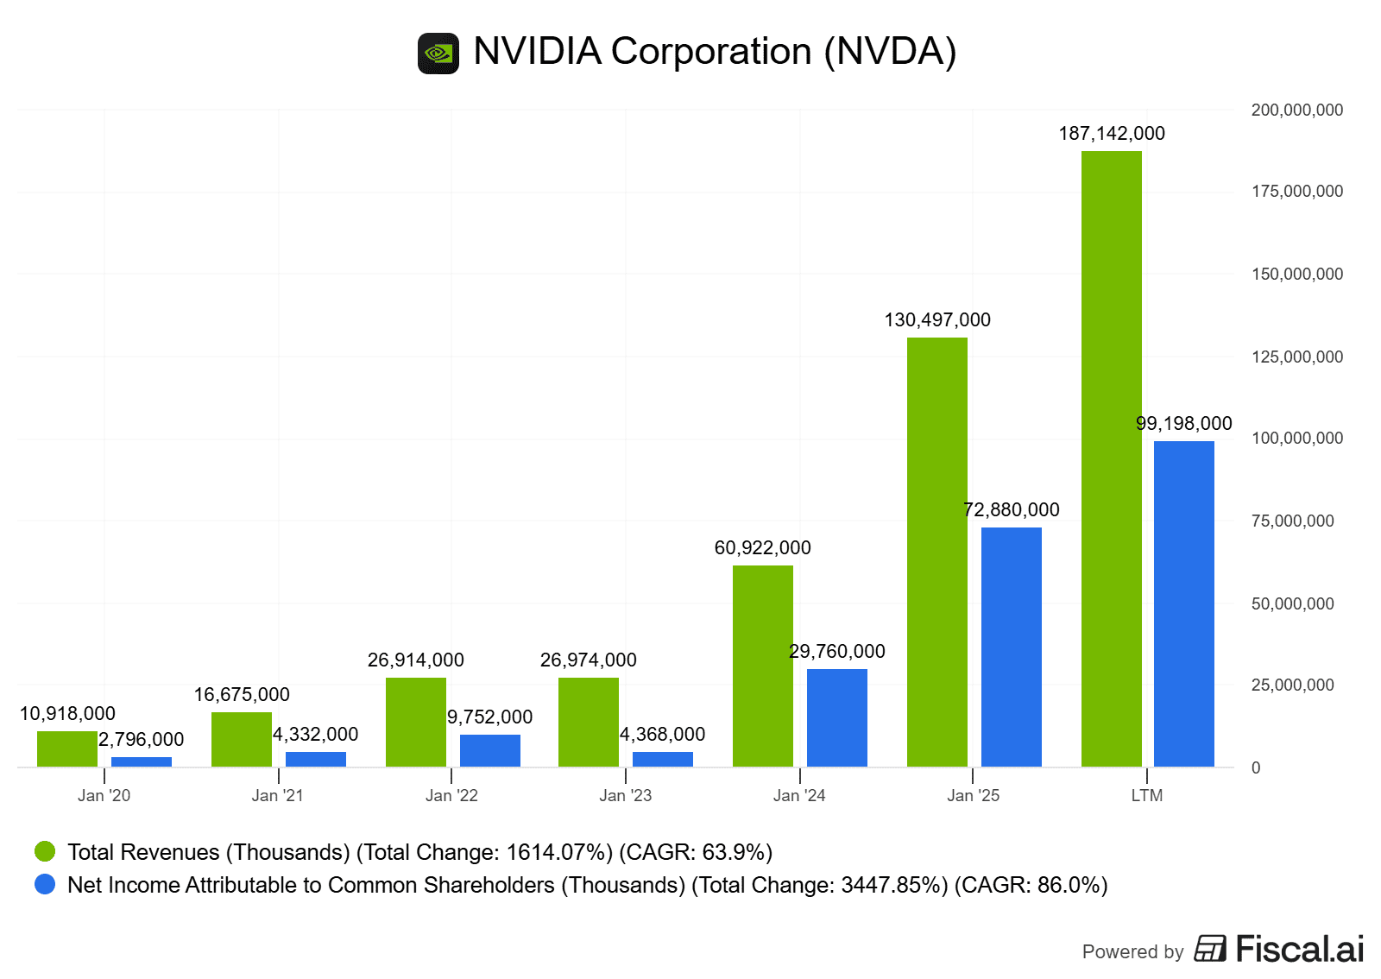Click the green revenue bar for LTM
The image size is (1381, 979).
pos(1111,458)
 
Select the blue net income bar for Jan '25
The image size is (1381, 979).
pos(1011,647)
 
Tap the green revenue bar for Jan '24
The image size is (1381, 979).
pos(762,666)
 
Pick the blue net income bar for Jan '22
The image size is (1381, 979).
pos(489,750)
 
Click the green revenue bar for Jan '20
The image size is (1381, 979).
pos(67,748)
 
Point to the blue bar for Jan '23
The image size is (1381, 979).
pos(662,759)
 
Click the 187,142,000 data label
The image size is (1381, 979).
pos(1112,134)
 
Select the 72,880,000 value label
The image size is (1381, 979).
pos(1011,510)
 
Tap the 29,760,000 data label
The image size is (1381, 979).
pos(836,652)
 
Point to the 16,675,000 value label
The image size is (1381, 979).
pos(242,695)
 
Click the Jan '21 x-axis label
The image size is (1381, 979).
pos(277,795)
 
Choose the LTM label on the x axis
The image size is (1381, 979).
pos(1146,795)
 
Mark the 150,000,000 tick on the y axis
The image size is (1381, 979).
pos(1296,275)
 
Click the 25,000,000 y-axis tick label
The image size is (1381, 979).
pos(1292,685)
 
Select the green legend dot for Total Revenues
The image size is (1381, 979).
pos(45,852)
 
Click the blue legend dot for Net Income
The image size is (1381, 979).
pos(45,885)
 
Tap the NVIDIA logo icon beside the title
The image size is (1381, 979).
pos(438,54)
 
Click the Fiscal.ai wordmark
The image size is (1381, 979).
pos(1299,950)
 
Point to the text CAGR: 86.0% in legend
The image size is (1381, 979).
pos(1031,886)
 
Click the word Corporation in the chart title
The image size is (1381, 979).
pos(711,52)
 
